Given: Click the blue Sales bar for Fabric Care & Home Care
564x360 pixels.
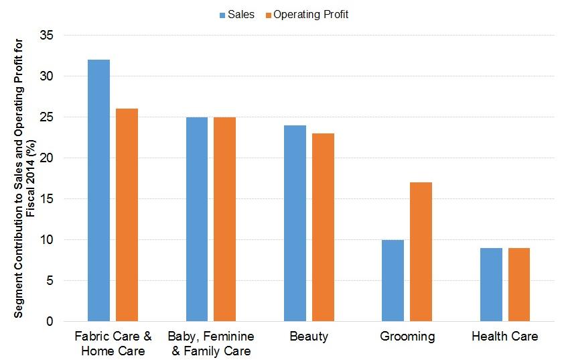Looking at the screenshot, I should tap(98, 190).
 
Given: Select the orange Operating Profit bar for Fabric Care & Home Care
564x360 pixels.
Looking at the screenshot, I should tap(127, 215).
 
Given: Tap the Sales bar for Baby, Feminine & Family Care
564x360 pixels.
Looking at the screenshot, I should tap(197, 219).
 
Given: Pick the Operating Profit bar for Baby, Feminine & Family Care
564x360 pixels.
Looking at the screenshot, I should tap(224, 219).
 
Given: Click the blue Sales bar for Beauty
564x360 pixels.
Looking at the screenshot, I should tap(295, 223).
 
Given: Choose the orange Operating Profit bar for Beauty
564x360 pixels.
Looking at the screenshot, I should tap(323, 227).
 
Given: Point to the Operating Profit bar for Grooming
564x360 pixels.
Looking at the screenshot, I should tap(421, 251).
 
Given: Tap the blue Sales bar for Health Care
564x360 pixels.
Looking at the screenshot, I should tap(490, 284).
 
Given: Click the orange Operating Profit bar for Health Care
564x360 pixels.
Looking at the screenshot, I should tap(518, 284).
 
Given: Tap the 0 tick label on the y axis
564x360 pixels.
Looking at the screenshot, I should tap(50, 322).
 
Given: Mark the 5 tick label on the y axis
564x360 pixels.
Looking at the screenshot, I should tap(50, 281).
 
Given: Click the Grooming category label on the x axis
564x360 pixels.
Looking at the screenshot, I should tap(407, 337).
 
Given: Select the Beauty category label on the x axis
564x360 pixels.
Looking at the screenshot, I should tap(309, 337).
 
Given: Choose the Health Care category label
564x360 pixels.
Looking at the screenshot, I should tap(504, 337).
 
